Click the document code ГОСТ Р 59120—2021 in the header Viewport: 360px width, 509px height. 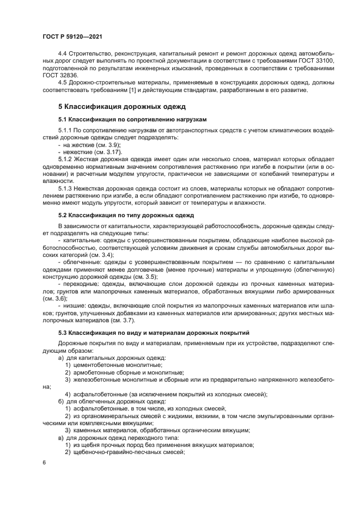tap(72, 36)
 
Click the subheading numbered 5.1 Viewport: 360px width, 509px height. tap(132, 119)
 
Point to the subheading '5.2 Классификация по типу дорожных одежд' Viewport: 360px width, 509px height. tap(126, 215)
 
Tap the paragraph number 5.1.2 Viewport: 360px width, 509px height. tap(67, 158)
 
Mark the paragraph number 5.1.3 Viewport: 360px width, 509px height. tap(67, 188)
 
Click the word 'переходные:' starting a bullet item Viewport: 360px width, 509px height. tap(80, 284)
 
